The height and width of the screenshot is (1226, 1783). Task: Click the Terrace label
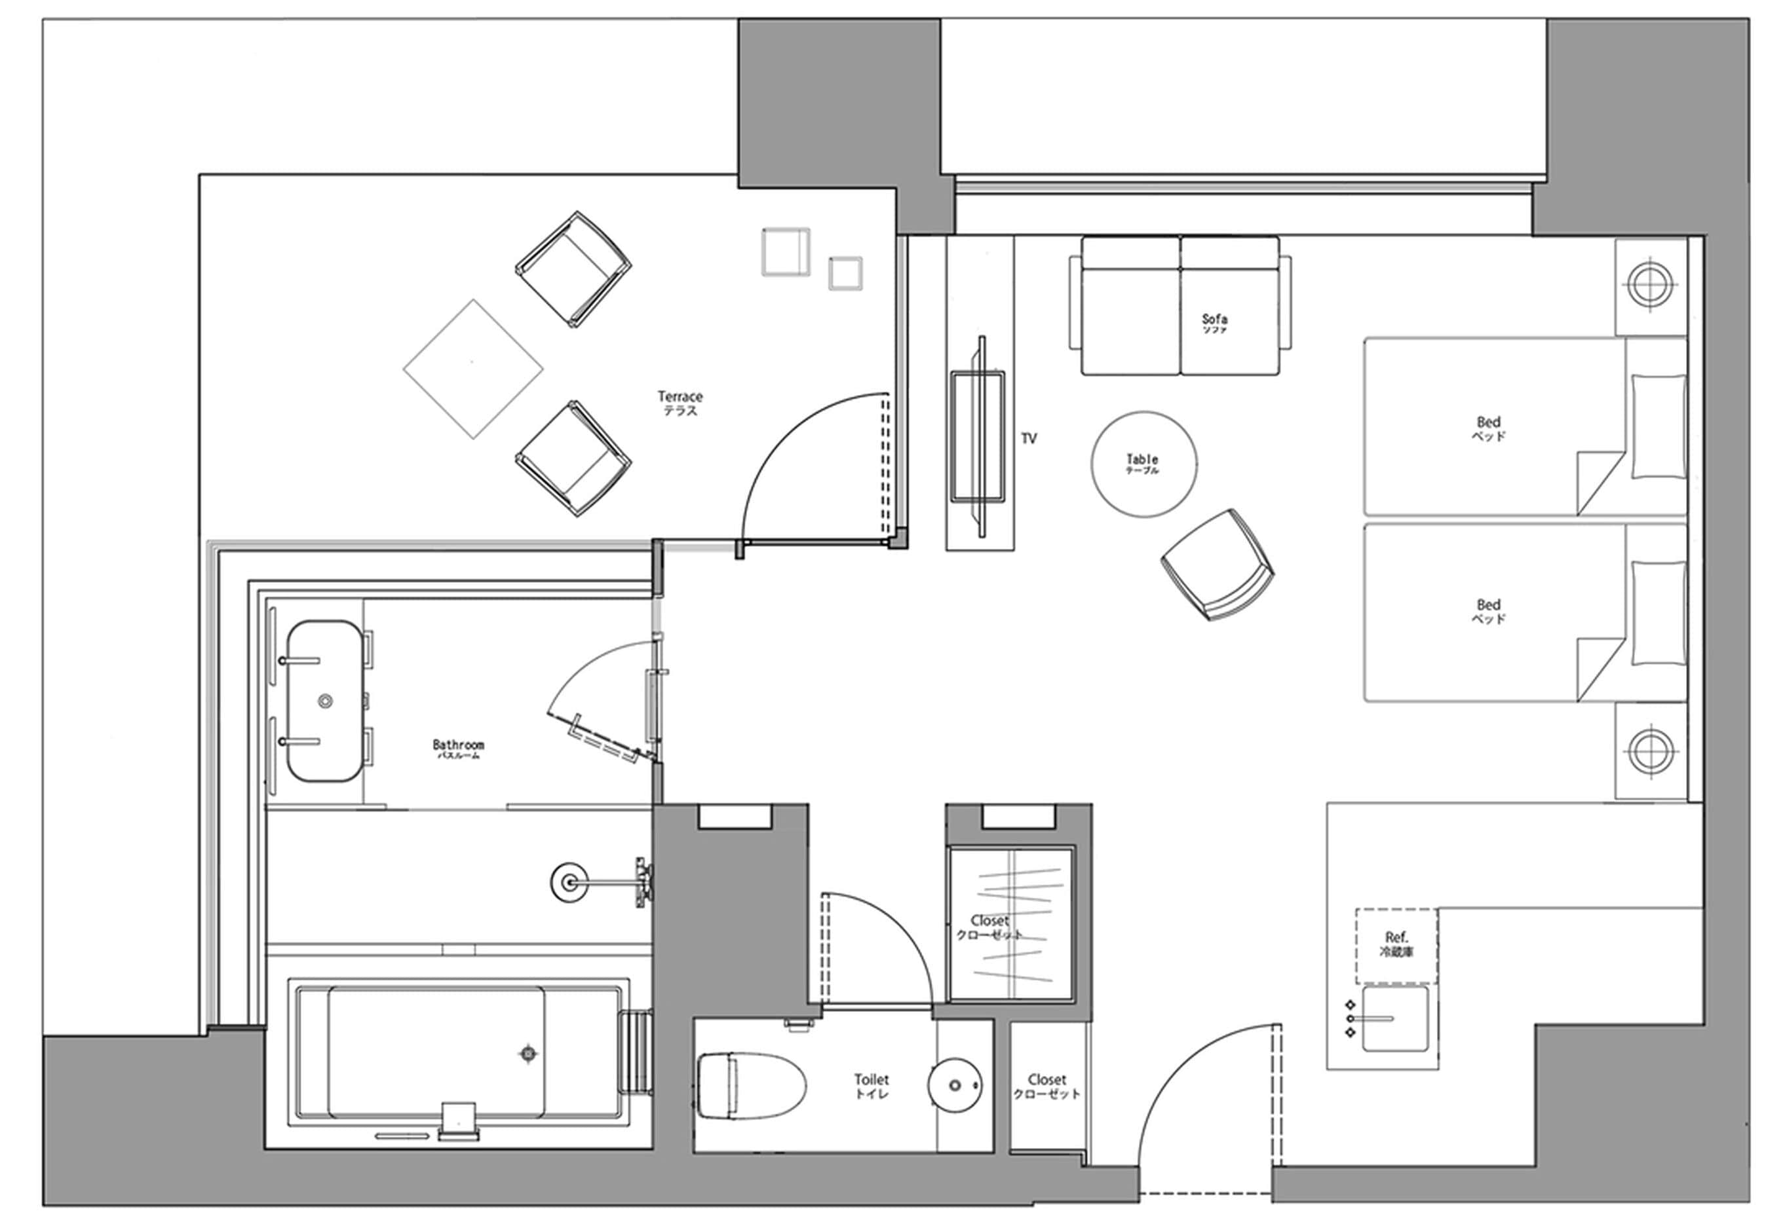click(680, 403)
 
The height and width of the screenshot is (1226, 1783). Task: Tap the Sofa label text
click(1214, 322)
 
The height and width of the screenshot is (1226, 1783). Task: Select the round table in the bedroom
click(1143, 464)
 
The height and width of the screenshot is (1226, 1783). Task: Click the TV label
click(1028, 439)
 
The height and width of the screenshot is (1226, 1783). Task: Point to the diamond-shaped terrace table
click(472, 369)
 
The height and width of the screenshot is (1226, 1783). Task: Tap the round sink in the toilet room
click(955, 1085)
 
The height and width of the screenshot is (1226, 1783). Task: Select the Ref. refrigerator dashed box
click(1396, 946)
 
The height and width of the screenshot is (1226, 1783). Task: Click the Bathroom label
click(458, 747)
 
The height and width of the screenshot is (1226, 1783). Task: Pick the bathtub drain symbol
click(528, 1054)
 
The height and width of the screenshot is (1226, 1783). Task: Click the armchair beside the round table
click(1217, 565)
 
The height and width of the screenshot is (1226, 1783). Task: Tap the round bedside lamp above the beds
click(1650, 285)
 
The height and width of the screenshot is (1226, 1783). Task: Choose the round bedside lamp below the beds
click(1650, 751)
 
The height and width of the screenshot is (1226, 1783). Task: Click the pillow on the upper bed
click(1658, 426)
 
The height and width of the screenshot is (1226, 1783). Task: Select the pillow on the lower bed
click(1658, 612)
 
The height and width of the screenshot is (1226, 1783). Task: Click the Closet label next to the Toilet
click(1046, 1085)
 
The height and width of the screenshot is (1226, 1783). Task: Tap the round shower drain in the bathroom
click(569, 883)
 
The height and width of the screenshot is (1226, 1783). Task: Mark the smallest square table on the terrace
click(845, 274)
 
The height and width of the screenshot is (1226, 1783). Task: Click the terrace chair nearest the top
click(573, 269)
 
